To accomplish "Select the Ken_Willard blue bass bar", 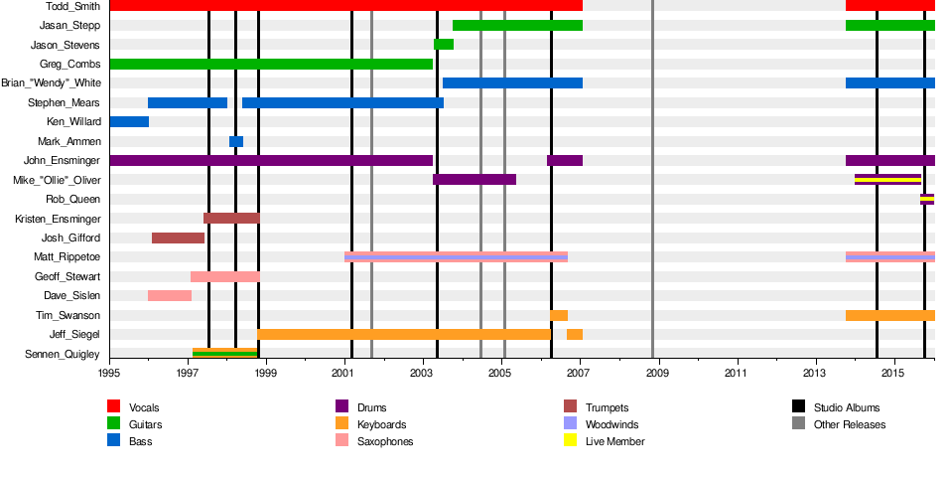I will [129, 122].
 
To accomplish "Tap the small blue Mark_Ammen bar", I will [236, 141].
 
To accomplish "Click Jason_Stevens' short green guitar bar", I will [444, 45].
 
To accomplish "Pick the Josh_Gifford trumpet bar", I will [178, 238].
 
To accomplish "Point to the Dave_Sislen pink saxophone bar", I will [170, 295].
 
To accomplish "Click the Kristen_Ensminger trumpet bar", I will [231, 219].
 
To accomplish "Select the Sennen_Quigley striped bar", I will [225, 353].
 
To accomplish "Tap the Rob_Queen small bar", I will [927, 199].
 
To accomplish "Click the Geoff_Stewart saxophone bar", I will [225, 276].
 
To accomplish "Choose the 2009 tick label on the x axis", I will [656, 373].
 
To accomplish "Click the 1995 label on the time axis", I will [109, 373].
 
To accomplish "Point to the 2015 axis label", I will [891, 373].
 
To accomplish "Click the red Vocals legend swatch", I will [114, 407].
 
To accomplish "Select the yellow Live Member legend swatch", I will [571, 441].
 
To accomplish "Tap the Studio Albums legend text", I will [846, 407].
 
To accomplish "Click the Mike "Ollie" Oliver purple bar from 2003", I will [474, 180].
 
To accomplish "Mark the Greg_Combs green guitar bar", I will [271, 64].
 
